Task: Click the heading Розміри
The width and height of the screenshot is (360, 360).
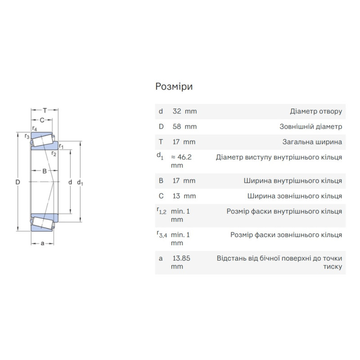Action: click(x=174, y=87)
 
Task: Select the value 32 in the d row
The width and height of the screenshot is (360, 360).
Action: click(x=177, y=111)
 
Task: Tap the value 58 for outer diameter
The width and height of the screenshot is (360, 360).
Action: click(x=177, y=127)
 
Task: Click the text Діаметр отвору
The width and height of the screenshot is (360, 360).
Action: click(x=316, y=112)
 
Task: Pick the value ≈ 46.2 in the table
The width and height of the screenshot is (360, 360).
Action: click(x=181, y=157)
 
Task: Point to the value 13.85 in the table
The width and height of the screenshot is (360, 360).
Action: click(x=181, y=258)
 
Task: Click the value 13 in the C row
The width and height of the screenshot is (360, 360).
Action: click(x=176, y=196)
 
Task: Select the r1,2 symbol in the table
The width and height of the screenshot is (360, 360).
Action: click(x=162, y=211)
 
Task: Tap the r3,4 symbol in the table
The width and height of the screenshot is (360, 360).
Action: click(x=162, y=234)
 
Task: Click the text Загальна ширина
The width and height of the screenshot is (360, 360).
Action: click(x=312, y=142)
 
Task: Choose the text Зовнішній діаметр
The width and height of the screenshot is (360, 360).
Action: click(x=311, y=127)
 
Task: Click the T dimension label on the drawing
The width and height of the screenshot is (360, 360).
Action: click(x=45, y=110)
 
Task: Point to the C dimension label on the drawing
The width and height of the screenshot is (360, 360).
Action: click(x=42, y=120)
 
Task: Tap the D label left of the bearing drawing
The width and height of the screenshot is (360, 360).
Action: click(x=18, y=182)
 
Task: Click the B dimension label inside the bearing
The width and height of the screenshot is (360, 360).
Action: click(x=45, y=171)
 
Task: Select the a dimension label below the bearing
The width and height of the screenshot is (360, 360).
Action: click(x=42, y=243)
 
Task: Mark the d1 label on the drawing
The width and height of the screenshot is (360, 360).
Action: click(x=80, y=183)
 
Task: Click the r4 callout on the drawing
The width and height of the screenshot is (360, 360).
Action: click(x=35, y=128)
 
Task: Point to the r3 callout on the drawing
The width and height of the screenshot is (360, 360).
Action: click(x=27, y=136)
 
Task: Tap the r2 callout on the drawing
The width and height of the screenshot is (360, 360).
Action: click(x=54, y=153)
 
